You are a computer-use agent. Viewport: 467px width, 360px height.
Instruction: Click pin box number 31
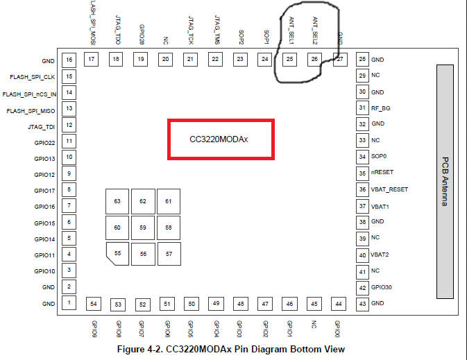click(362, 108)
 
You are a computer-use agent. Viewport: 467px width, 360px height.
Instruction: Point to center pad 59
click(143, 227)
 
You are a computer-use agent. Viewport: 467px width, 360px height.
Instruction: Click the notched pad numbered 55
click(117, 253)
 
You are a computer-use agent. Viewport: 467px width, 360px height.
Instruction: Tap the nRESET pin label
click(383, 173)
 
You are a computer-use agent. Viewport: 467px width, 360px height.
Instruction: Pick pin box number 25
click(289, 60)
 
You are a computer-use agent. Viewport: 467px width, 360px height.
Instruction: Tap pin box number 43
click(362, 302)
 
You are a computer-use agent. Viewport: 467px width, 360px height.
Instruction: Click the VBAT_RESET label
click(389, 189)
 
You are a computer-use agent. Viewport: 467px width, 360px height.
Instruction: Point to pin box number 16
click(69, 60)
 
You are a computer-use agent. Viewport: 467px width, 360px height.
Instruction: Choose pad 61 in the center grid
click(168, 201)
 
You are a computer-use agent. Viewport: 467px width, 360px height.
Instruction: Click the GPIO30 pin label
click(382, 286)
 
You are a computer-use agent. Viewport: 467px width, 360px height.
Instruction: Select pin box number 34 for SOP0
click(362, 157)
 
